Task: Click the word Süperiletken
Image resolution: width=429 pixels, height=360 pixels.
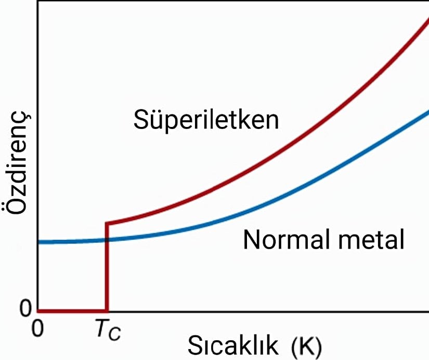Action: (206, 120)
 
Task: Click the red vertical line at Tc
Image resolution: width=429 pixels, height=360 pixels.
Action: (107, 271)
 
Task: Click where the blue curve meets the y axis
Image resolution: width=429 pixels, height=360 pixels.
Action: (39, 242)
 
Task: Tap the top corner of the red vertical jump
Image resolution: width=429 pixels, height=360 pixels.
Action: (107, 223)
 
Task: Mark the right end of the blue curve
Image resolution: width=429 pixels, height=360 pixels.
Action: (427, 111)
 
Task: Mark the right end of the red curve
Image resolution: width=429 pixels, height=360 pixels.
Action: (427, 19)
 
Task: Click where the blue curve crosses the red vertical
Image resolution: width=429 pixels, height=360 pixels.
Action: (107, 240)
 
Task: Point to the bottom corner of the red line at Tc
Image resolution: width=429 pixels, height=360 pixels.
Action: (107, 311)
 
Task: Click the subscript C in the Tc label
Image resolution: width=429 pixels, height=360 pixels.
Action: (115, 333)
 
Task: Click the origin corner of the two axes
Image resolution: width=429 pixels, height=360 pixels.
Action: (38, 312)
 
